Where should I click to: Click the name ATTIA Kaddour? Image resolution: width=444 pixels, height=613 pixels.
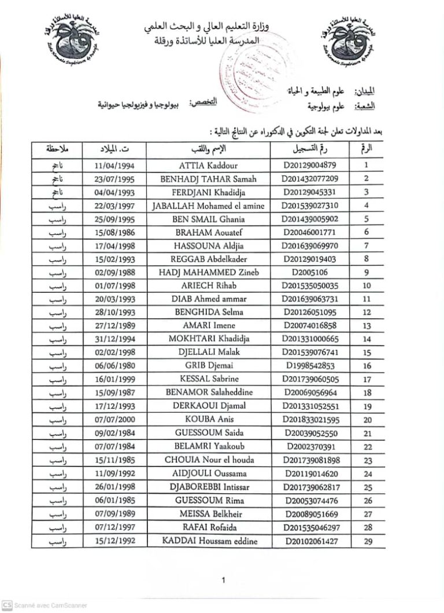(209, 165)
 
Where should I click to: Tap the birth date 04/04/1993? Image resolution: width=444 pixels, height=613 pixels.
(114, 192)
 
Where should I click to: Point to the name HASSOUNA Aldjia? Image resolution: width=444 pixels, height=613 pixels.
(209, 246)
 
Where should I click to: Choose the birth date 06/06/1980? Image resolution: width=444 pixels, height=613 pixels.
(114, 366)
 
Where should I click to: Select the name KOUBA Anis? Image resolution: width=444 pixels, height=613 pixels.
(209, 420)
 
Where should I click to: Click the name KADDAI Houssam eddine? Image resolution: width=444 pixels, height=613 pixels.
(209, 541)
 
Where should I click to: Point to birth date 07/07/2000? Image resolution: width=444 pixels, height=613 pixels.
(114, 420)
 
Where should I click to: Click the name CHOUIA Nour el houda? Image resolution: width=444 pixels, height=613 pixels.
(209, 460)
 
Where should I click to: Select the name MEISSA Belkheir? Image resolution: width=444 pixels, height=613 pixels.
(209, 514)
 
